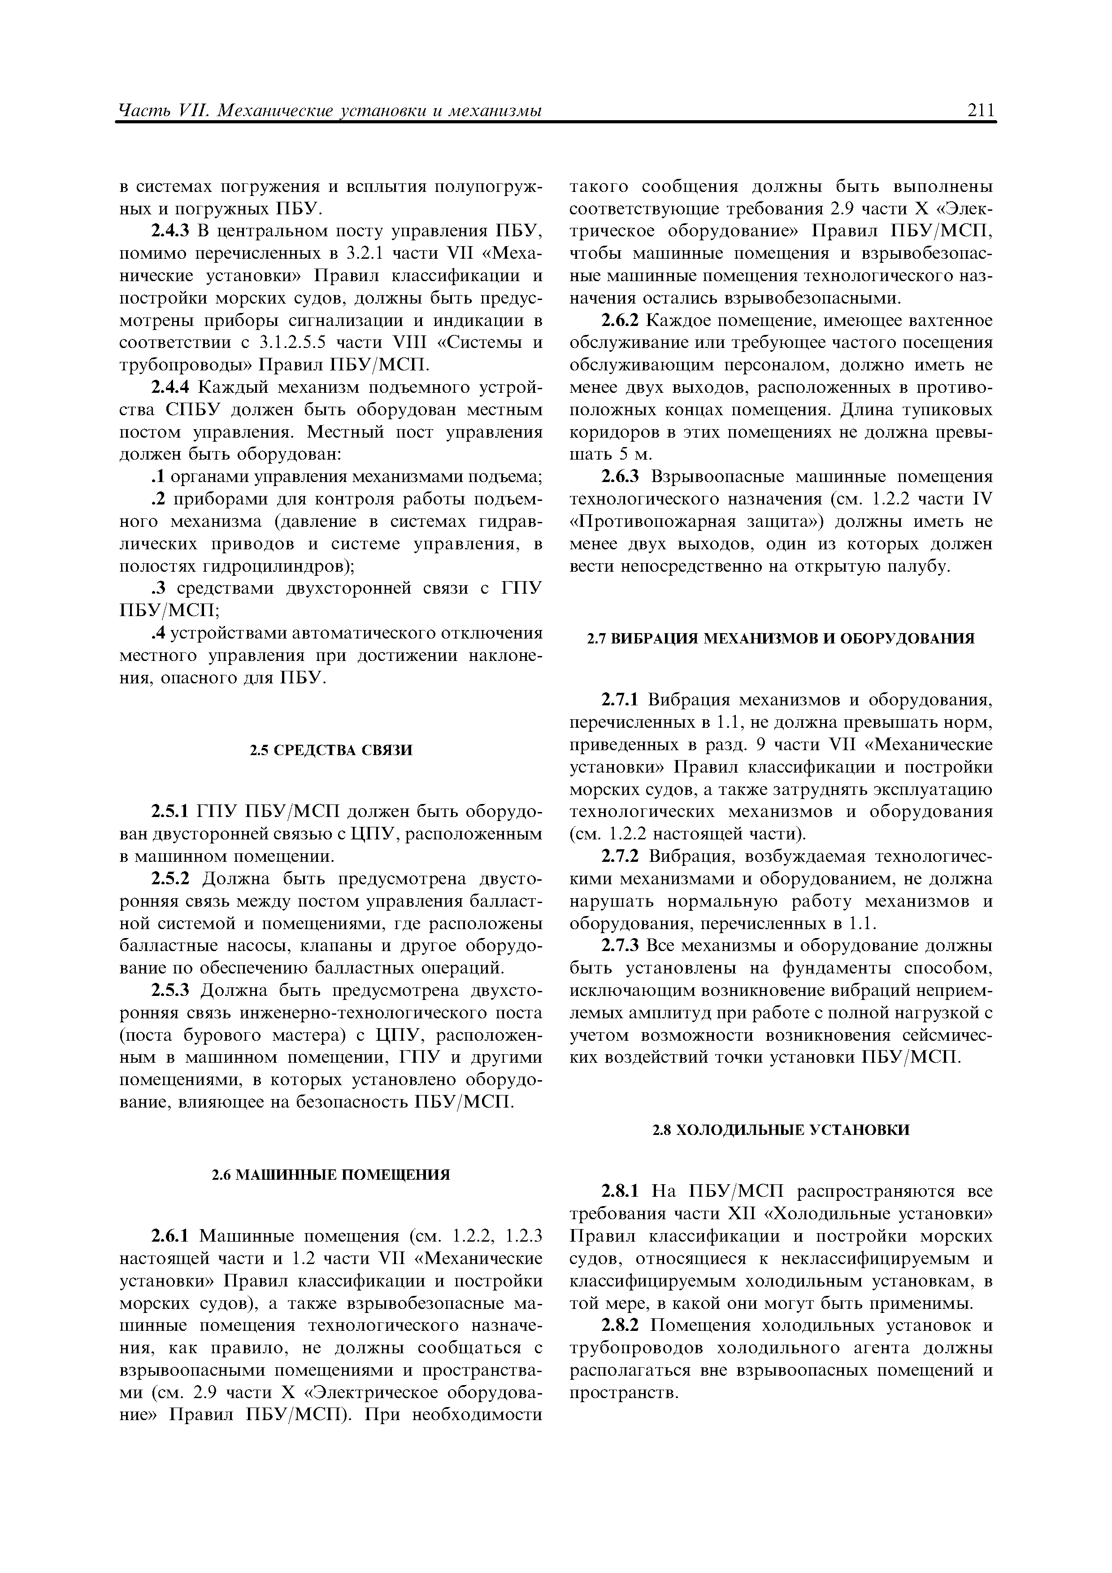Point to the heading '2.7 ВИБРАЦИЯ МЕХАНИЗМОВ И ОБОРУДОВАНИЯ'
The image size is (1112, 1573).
coord(781,639)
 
